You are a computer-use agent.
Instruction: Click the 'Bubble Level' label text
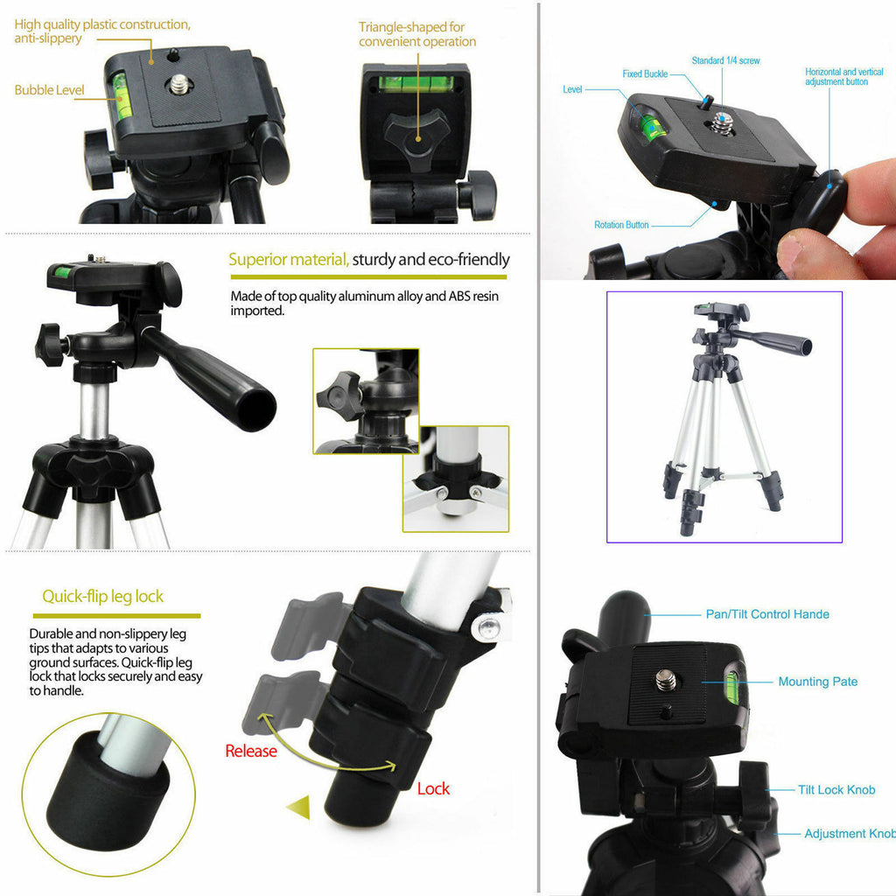click(x=49, y=90)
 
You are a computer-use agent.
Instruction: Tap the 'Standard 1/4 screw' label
click(x=725, y=61)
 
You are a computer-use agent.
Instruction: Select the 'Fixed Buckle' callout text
click(x=645, y=74)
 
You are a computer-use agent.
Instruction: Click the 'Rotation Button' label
click(x=621, y=225)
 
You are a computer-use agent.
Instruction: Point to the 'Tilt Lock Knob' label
click(x=836, y=790)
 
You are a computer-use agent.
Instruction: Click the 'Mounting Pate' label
click(x=817, y=682)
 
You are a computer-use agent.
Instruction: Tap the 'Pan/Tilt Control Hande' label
click(x=767, y=614)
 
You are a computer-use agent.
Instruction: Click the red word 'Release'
click(x=250, y=751)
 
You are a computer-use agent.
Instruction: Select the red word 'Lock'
click(x=433, y=788)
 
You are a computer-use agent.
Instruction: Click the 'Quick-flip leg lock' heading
click(x=103, y=597)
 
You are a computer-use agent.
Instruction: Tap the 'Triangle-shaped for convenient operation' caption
click(x=417, y=34)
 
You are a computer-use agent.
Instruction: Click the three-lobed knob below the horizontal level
click(x=415, y=135)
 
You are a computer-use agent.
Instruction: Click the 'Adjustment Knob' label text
click(x=848, y=834)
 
